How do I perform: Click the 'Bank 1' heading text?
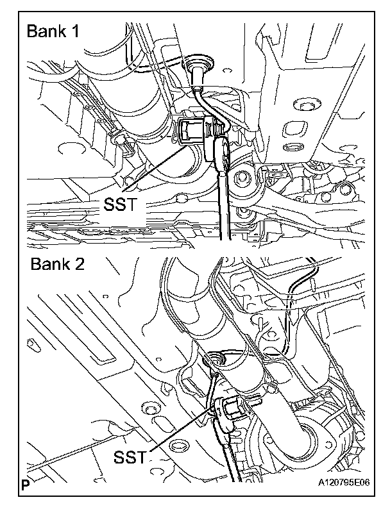[53, 33]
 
